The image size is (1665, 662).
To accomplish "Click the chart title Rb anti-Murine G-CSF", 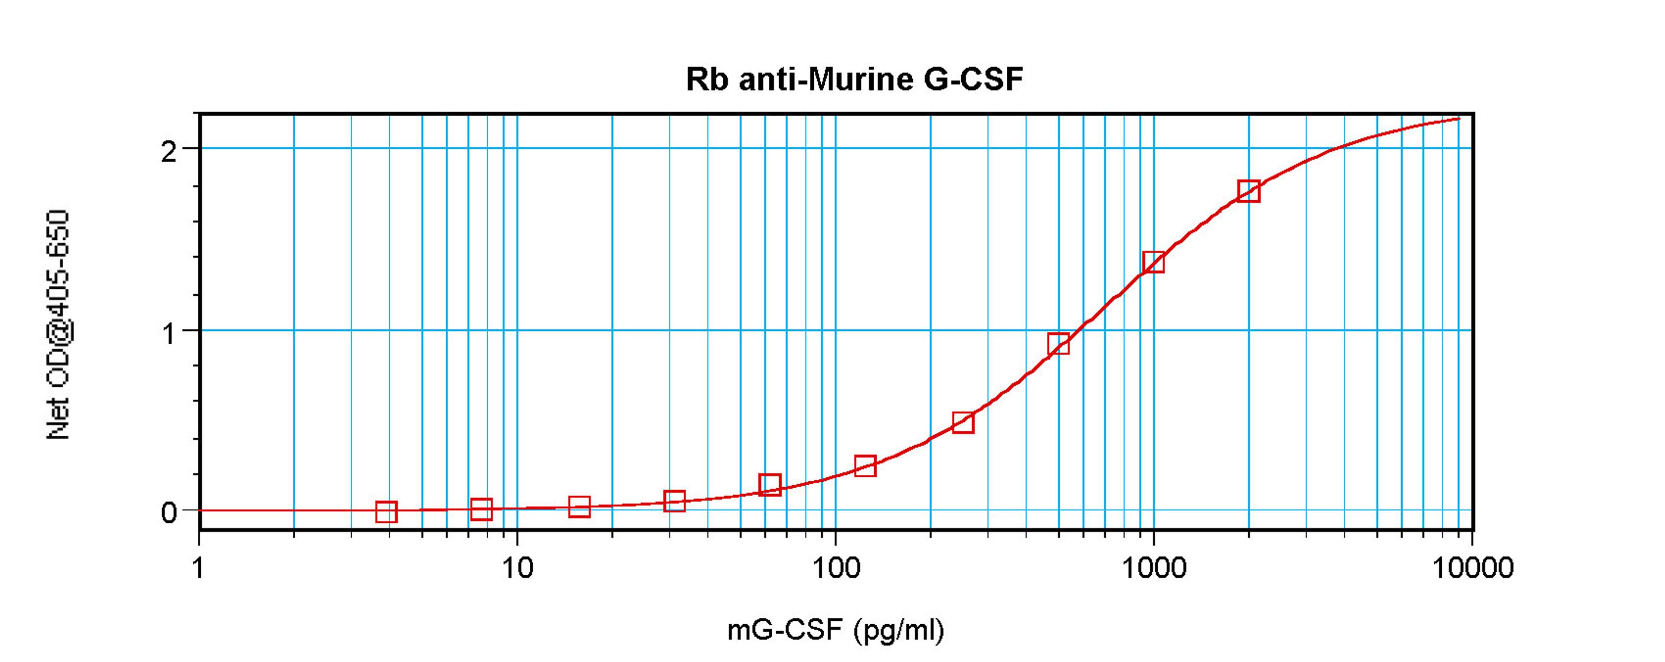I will pyautogui.click(x=855, y=79).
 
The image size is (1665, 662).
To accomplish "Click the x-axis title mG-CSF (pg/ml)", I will pyautogui.click(x=836, y=629).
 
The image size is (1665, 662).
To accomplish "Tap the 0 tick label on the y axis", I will pyautogui.click(x=169, y=513).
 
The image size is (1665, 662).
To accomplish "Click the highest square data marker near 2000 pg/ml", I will pyautogui.click(x=1249, y=191).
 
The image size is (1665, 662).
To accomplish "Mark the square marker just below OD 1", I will pyautogui.click(x=1058, y=344).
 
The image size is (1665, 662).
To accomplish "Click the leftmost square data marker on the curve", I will pyautogui.click(x=386, y=512).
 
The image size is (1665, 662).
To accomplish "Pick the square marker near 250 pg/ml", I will pyautogui.click(x=963, y=423).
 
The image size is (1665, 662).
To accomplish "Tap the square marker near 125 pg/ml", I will pyautogui.click(x=865, y=466).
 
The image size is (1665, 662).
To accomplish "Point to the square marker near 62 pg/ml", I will pyautogui.click(x=769, y=484).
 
